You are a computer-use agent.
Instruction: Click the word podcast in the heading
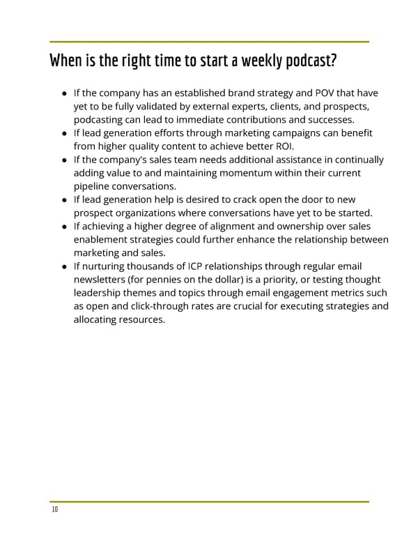click(x=309, y=62)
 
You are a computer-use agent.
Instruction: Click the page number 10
click(x=54, y=510)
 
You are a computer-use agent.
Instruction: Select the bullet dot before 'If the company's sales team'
click(x=65, y=160)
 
